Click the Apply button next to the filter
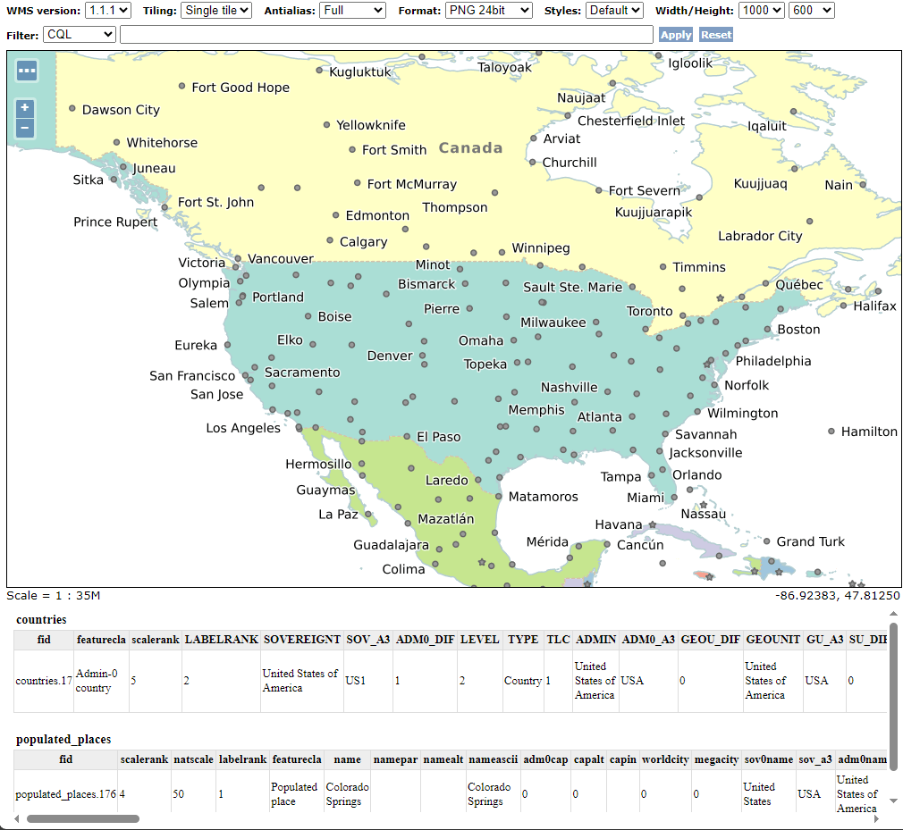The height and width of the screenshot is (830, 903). pos(675,35)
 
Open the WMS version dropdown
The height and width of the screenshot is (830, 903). pos(108,11)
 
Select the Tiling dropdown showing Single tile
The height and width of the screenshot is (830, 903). pos(215,11)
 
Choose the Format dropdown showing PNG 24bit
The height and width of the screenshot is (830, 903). pos(488,11)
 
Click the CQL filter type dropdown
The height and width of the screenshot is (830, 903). pos(79,35)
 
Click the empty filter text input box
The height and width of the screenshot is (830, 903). pos(386,35)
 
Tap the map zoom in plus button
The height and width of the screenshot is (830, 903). pos(25,107)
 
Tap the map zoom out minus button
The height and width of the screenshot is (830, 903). pos(25,128)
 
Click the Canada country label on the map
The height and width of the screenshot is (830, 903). pos(470,148)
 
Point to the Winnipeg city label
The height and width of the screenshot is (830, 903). pos(540,248)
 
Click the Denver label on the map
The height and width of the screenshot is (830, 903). pos(390,356)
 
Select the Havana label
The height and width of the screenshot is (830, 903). pos(619,524)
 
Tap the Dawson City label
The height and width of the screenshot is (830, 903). pos(121,110)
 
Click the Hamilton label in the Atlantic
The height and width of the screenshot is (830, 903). pos(869,432)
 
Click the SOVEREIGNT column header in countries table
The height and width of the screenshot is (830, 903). pos(301,640)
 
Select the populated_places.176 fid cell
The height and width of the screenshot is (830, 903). pos(65,794)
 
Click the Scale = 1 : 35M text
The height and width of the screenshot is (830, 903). pos(54,596)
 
